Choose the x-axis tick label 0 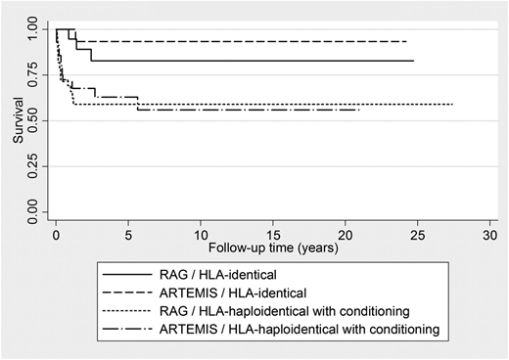pyautogui.click(x=56, y=236)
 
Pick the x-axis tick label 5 pyautogui.click(x=128, y=236)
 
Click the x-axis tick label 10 pyautogui.click(x=201, y=236)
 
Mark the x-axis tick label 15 pyautogui.click(x=273, y=236)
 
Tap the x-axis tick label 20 pyautogui.click(x=346, y=236)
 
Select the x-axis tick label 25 pyautogui.click(x=418, y=236)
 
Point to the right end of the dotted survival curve pyautogui.click(x=452, y=104)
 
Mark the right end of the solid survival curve pyautogui.click(x=413, y=61)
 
